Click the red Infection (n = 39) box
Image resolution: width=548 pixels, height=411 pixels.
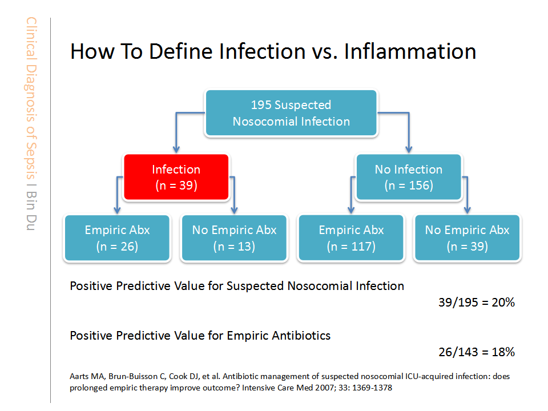pyautogui.click(x=176, y=177)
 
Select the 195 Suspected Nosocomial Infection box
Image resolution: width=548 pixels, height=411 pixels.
pyautogui.click(x=291, y=113)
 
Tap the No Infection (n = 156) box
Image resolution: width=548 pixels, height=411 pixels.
pyautogui.click(x=409, y=177)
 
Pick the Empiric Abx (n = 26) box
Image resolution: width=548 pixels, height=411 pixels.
pyautogui.click(x=117, y=237)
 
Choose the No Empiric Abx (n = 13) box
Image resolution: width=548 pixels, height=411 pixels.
pyautogui.click(x=234, y=237)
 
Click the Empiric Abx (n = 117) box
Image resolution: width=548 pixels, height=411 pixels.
pyautogui.click(x=351, y=237)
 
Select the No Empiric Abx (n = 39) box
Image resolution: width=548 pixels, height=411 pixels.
pyautogui.click(x=468, y=237)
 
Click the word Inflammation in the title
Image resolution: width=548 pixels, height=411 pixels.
pyautogui.click(x=410, y=51)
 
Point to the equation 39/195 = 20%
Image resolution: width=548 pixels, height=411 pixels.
pyautogui.click(x=477, y=303)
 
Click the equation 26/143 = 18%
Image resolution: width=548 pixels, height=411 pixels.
pyautogui.click(x=477, y=352)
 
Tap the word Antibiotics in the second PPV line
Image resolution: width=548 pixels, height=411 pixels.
pyautogui.click(x=301, y=336)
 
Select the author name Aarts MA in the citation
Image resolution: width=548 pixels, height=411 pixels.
pyautogui.click(x=87, y=376)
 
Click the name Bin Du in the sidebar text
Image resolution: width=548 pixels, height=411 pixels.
pyautogui.click(x=31, y=211)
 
